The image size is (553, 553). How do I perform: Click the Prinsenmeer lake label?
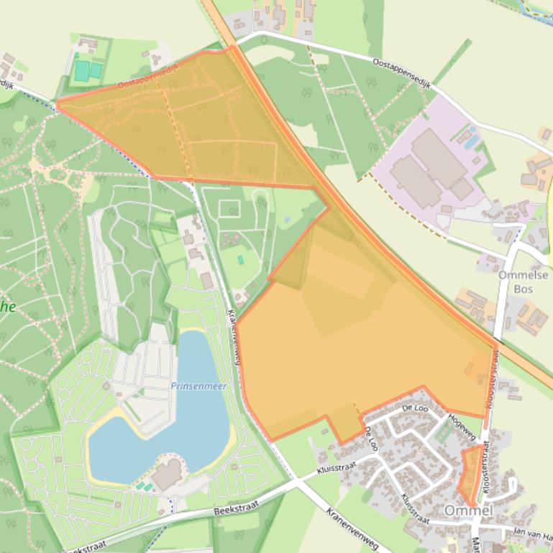pyautogui.click(x=198, y=386)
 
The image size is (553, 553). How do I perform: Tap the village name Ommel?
pyautogui.click(x=468, y=510)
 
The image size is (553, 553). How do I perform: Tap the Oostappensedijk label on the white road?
pyautogui.click(x=401, y=74)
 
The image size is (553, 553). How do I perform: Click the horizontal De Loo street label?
pyautogui.click(x=416, y=408)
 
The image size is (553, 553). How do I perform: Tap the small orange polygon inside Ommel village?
pyautogui.click(x=470, y=474)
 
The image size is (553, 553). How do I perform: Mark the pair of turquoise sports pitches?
pyautogui.click(x=88, y=70)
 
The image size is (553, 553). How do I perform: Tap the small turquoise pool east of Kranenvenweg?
pyautogui.click(x=240, y=259)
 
